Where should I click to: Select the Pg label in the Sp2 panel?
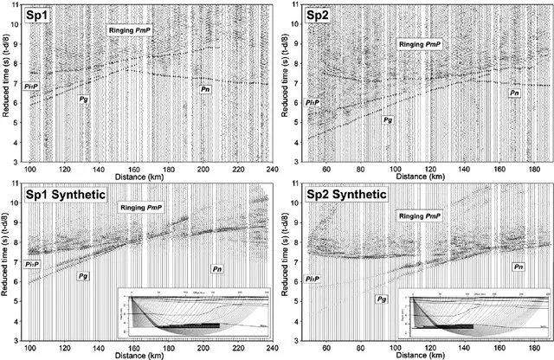[389, 119]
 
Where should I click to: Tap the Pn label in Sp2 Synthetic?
[516, 268]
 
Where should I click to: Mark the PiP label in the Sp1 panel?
[29, 87]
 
